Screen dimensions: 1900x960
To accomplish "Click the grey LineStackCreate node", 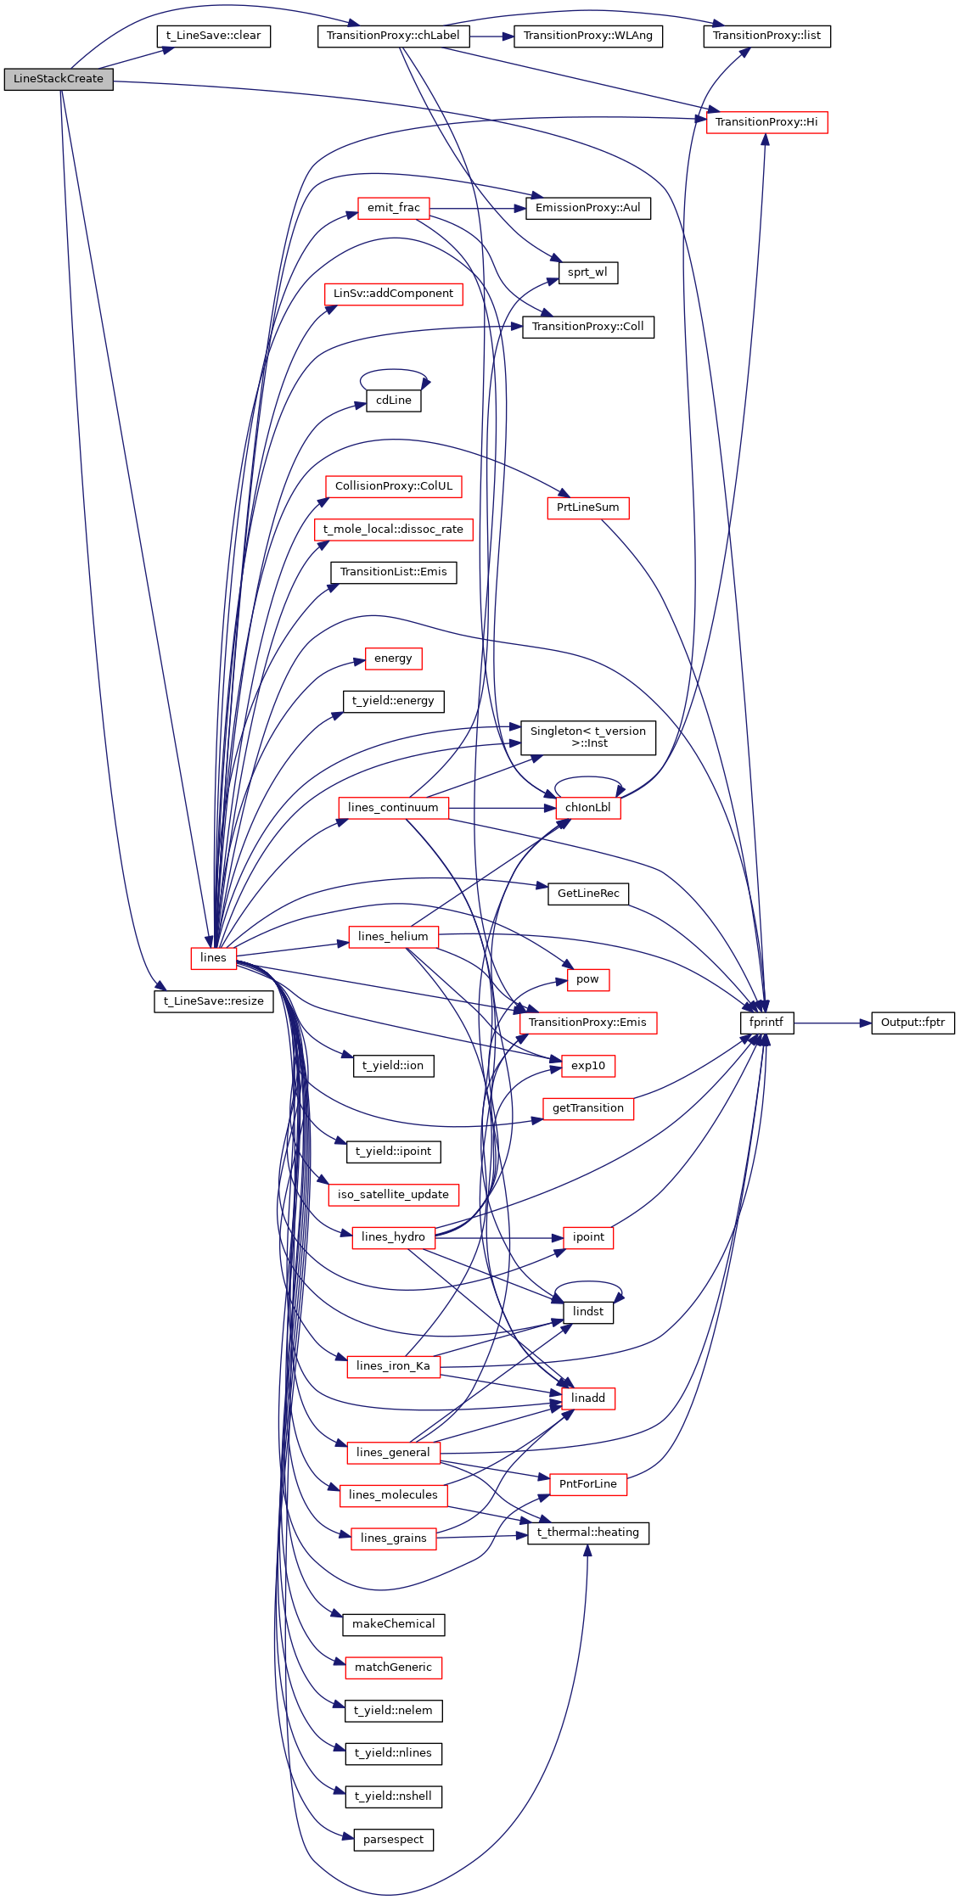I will tap(58, 79).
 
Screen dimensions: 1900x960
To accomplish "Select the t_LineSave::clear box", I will tap(213, 36).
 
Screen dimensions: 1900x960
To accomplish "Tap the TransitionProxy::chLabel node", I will tap(392, 36).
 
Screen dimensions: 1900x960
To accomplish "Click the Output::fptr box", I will tap(912, 1023).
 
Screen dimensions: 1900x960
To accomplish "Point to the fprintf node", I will tap(766, 1023).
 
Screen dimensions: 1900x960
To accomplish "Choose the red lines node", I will tap(213, 957).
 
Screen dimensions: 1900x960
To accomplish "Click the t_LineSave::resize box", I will tap(213, 1001).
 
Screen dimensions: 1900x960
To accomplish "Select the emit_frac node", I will tap(393, 208).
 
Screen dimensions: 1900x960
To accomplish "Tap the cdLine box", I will tap(393, 401).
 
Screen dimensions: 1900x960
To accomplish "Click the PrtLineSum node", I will tap(587, 507).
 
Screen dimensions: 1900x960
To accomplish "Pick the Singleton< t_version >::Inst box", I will tap(587, 737).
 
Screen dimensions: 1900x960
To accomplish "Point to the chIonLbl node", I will tap(587, 808).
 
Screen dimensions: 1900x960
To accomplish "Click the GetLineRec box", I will tap(587, 894).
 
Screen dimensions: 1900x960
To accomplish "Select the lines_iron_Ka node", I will tap(393, 1366).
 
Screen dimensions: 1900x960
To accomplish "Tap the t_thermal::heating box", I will tap(587, 1533).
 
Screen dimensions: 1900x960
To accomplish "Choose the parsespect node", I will tap(393, 1840).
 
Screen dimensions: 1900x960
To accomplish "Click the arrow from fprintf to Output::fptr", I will tap(832, 1023).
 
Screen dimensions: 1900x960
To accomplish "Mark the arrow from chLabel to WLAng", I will tap(491, 36).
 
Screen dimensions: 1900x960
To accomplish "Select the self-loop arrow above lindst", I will tap(587, 1282).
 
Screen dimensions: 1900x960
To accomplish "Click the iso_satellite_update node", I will tap(393, 1195).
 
